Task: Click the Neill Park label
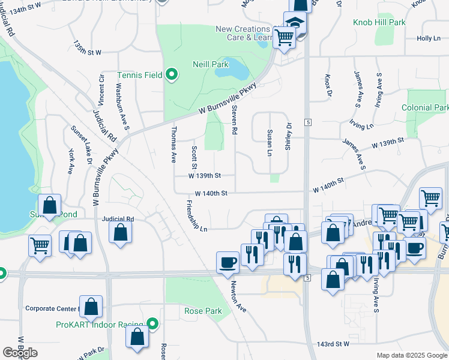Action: (211, 64)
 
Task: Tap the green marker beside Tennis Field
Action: (172, 75)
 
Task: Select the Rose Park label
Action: (203, 311)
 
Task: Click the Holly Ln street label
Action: (429, 38)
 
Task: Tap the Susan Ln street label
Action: (270, 142)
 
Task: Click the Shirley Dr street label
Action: (288, 137)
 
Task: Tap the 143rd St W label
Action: (333, 344)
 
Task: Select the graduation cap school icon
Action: (295, 24)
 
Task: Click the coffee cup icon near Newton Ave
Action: (228, 262)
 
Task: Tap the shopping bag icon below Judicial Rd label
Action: (121, 233)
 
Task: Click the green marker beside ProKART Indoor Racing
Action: (154, 325)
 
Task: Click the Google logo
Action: (20, 353)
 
